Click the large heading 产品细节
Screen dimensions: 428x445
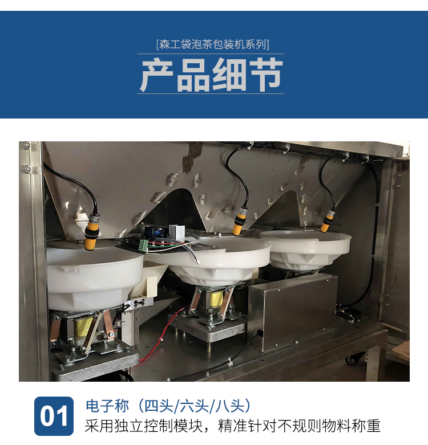tap(212, 74)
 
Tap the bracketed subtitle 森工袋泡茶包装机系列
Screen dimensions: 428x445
tap(213, 44)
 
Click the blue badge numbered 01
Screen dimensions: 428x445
tap(54, 416)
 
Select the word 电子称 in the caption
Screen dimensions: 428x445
tap(107, 406)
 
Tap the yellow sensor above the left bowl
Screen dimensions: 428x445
tap(92, 232)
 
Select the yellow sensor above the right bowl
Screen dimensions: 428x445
tap(328, 221)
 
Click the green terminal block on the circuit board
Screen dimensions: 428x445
tap(143, 246)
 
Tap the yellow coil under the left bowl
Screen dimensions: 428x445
tap(83, 326)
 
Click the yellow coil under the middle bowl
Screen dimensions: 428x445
tap(216, 299)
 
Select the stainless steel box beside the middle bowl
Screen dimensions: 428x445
tap(293, 312)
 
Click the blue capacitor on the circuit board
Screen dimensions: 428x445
tap(156, 233)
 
